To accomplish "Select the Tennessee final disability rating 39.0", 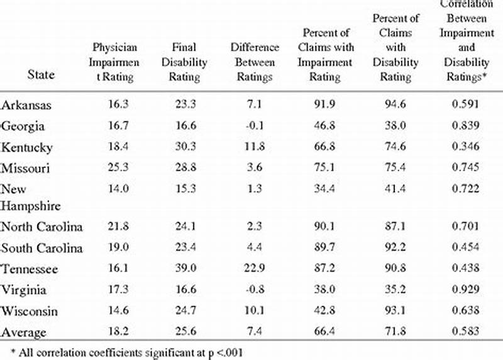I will [185, 269].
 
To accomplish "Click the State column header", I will [41, 75].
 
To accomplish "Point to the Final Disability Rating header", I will [185, 62].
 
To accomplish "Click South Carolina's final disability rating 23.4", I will [185, 248].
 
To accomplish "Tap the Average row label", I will [23, 332].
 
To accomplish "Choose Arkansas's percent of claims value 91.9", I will [324, 105].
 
